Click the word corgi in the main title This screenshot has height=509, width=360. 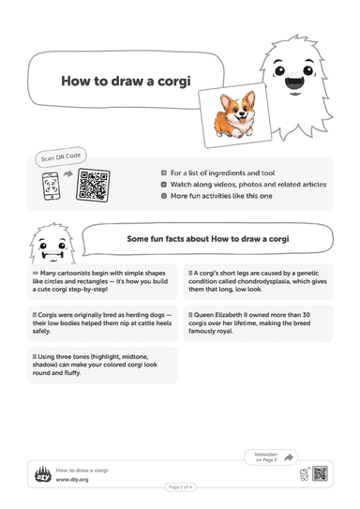pos(174,82)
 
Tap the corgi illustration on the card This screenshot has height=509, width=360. pos(234,114)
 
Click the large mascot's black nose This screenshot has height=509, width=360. pos(294,82)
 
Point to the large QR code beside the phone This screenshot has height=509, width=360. pos(93,185)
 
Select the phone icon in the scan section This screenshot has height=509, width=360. pos(52,186)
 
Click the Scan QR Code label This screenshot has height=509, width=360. pos(61,157)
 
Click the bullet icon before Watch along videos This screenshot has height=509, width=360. pos(164,185)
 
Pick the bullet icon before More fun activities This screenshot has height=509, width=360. pos(164,196)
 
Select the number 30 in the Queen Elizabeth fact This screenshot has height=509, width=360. pos(307,315)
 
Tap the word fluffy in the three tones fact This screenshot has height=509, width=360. pos(72,373)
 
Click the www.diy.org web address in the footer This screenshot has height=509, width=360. pos(72,479)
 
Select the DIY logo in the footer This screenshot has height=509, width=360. pos(43,474)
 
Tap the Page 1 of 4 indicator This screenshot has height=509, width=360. pos(180,487)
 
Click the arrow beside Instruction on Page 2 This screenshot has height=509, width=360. pos(288,457)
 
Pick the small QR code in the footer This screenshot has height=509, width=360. pos(320,473)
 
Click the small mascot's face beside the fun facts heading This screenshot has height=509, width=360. pos(52,248)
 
